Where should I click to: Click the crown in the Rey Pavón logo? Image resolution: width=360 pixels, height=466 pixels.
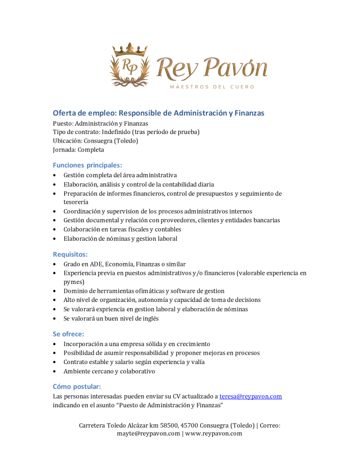click(x=130, y=49)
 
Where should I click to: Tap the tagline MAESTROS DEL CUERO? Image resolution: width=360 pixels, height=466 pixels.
click(x=211, y=87)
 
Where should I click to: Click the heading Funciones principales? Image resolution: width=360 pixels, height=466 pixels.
click(x=87, y=165)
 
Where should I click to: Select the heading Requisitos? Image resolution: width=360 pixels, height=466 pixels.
click(x=70, y=254)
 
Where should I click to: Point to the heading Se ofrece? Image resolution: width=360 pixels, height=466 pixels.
click(x=69, y=334)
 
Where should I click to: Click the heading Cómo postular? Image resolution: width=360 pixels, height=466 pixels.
click(x=77, y=386)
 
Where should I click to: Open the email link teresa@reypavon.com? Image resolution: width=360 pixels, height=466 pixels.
click(x=251, y=396)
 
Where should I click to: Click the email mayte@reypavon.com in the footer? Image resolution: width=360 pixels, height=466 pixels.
click(x=148, y=433)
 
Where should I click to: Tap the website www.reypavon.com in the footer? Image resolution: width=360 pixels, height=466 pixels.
click(x=214, y=433)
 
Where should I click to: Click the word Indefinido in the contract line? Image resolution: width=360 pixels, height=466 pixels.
click(x=118, y=132)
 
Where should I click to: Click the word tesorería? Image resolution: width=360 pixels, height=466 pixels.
click(x=76, y=202)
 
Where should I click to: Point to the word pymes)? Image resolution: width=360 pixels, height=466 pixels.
click(x=74, y=282)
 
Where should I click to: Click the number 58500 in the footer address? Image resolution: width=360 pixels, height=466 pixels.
click(x=169, y=425)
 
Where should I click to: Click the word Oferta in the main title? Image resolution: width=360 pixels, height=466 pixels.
click(x=64, y=113)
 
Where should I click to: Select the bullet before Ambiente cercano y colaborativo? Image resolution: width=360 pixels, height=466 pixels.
click(x=55, y=371)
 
